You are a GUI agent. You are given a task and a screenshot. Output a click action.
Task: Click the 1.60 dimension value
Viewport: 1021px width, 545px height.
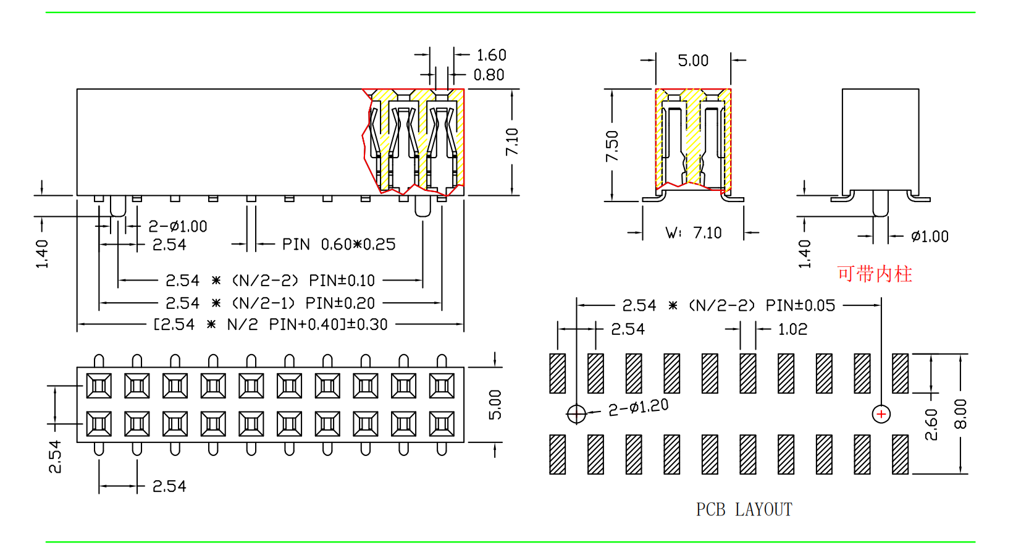(492, 55)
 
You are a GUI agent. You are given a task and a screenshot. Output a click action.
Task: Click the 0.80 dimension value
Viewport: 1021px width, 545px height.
(489, 75)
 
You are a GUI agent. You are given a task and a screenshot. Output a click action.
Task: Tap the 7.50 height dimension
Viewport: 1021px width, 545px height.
(612, 146)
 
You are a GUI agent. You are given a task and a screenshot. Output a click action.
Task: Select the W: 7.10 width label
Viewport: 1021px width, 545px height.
(693, 233)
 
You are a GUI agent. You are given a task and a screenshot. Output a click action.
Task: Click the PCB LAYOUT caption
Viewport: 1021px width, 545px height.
(744, 509)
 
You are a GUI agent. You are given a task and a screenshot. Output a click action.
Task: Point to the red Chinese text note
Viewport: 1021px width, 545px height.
(874, 274)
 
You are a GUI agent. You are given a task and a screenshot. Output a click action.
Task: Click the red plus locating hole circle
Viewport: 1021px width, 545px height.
(881, 414)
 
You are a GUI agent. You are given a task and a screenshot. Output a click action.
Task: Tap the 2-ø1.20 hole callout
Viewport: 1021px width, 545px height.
(638, 407)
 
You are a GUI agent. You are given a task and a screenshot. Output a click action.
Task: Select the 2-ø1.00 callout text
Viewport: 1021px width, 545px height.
(178, 226)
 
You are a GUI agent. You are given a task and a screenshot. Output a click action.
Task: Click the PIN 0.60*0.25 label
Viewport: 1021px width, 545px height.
(338, 245)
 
